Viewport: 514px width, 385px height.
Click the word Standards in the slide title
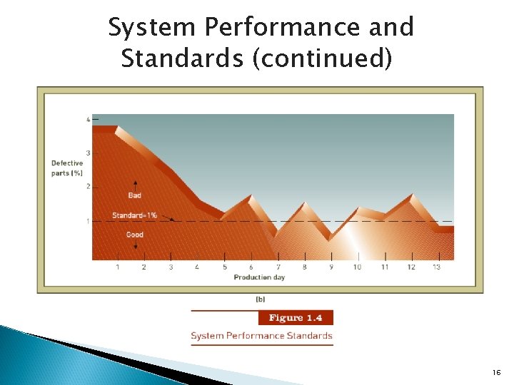click(x=183, y=58)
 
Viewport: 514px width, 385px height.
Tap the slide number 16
click(x=496, y=373)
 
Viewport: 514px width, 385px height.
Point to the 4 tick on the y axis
click(x=88, y=120)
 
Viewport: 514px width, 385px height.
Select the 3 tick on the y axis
click(x=88, y=153)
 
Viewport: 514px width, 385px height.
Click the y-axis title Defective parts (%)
click(x=67, y=168)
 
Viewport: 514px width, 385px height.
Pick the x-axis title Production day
click(x=258, y=277)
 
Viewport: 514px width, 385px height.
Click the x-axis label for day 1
click(x=117, y=267)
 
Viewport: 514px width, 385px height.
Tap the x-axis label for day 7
click(x=278, y=267)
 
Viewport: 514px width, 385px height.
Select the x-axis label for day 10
click(x=357, y=267)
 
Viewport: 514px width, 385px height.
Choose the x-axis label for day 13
click(x=436, y=267)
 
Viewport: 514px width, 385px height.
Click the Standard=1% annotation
click(x=134, y=215)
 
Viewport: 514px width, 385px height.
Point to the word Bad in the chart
click(x=134, y=195)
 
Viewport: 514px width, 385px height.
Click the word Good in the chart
click(x=134, y=235)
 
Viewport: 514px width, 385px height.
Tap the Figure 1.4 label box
click(x=295, y=318)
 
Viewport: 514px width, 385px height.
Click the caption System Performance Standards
click(x=261, y=336)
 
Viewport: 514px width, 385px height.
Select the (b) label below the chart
click(x=260, y=299)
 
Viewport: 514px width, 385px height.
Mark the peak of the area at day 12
click(x=412, y=194)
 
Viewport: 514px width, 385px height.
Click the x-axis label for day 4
click(x=197, y=267)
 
